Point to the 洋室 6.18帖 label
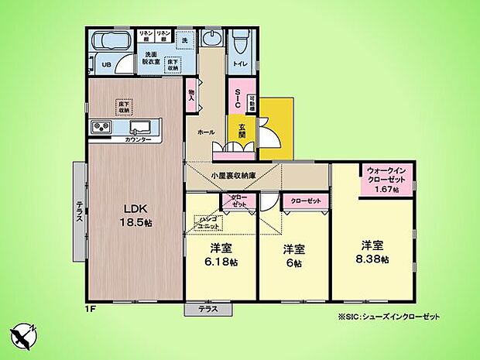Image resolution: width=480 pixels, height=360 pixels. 221,256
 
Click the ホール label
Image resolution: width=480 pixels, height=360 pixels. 205,132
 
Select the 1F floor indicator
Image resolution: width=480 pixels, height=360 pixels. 91,308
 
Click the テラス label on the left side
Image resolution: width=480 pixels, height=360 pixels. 80,211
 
